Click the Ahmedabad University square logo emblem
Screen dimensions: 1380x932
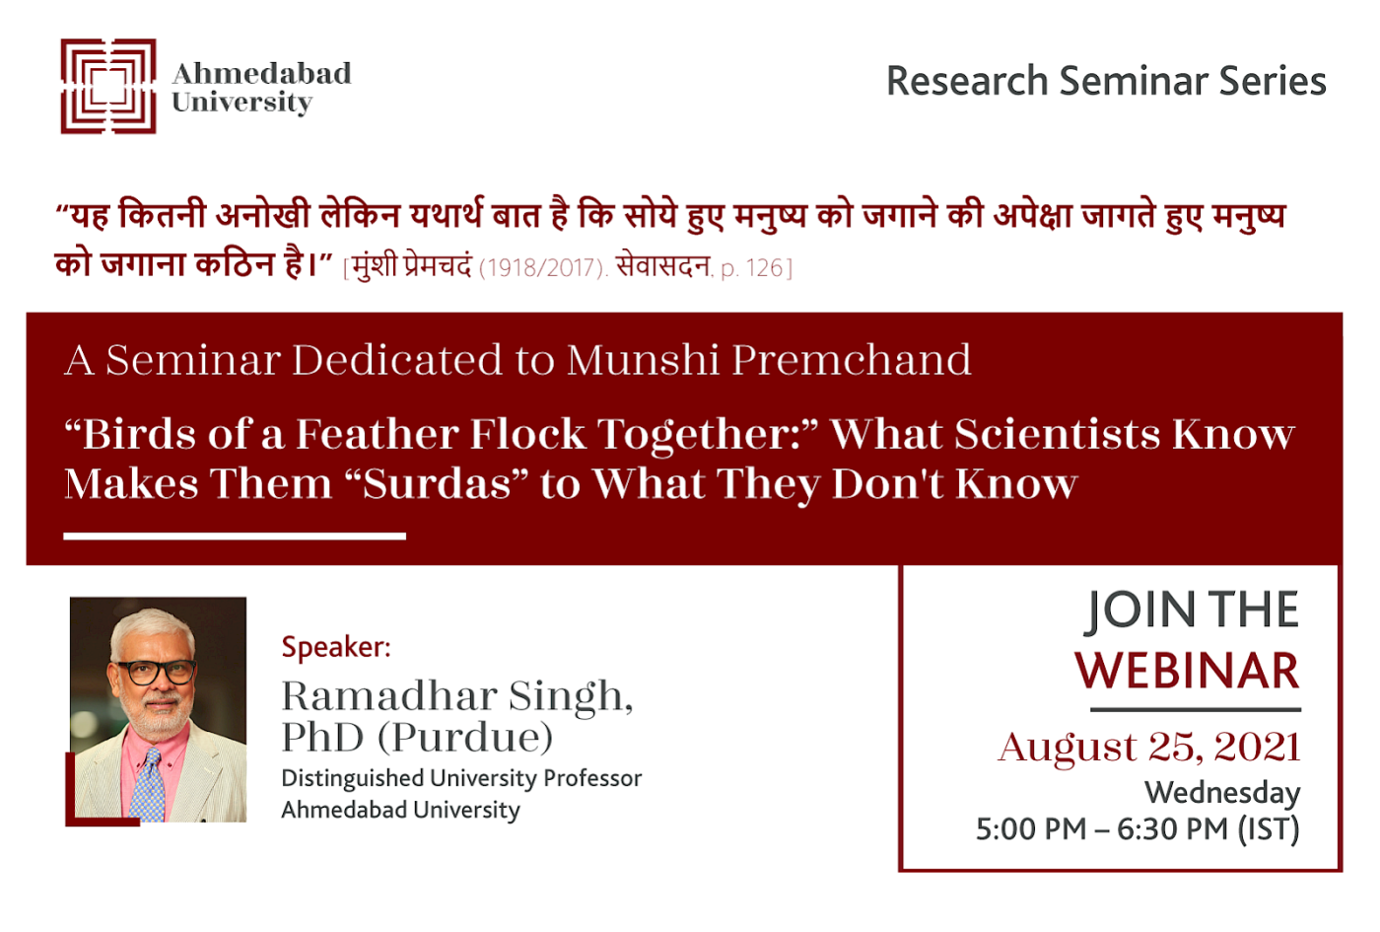[x=108, y=87]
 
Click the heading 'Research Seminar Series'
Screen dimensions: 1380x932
[x=1106, y=81]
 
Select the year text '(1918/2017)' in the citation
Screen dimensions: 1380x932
[x=543, y=268]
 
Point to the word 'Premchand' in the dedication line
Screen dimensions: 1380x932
[x=852, y=360]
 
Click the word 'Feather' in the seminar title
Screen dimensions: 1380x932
[x=378, y=434]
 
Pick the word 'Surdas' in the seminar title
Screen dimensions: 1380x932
[x=437, y=484]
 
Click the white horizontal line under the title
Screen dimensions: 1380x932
[x=235, y=537]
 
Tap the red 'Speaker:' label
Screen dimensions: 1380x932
[x=336, y=647]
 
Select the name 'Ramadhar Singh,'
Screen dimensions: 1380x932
[x=457, y=697]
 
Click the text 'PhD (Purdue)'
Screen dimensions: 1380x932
[x=417, y=738]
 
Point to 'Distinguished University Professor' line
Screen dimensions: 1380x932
[x=461, y=778]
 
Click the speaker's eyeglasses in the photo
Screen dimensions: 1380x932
[x=157, y=672]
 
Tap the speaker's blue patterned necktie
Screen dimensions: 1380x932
[x=148, y=785]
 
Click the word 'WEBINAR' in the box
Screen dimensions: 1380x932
[x=1187, y=671]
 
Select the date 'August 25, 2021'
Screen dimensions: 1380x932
[x=1149, y=748]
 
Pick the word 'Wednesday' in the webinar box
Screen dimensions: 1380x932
[x=1222, y=793]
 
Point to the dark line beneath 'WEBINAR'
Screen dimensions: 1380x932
[x=1196, y=709]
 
